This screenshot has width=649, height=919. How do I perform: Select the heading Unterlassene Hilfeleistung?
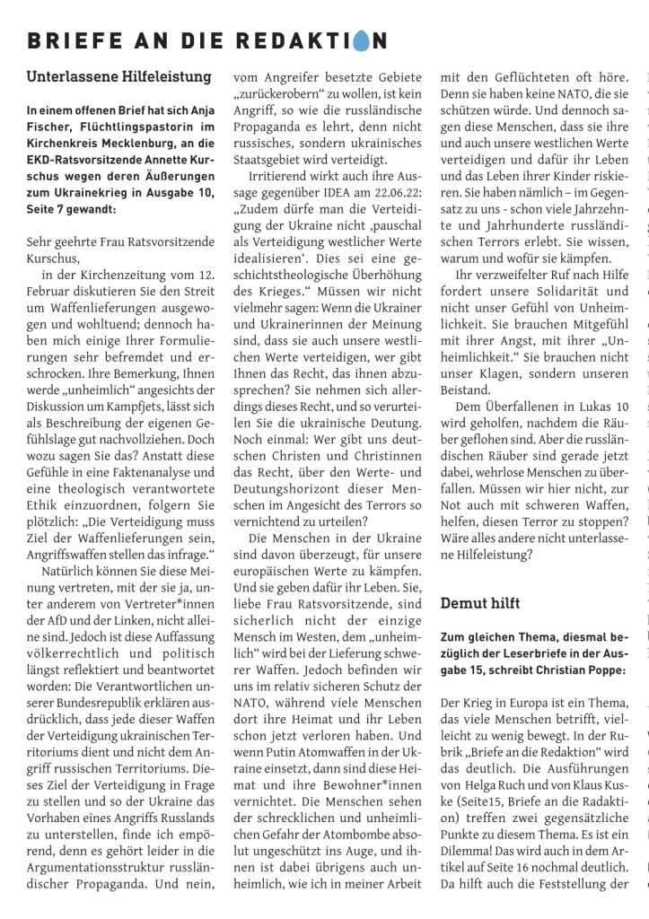(119, 77)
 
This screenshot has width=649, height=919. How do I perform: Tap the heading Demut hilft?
(481, 603)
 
